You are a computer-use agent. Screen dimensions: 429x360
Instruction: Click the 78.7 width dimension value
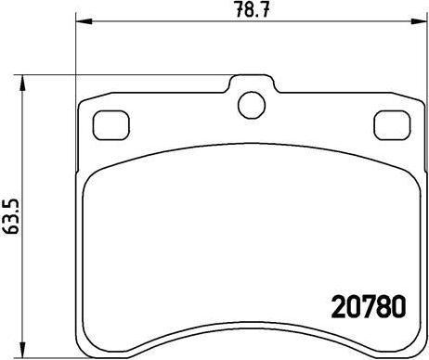click(253, 9)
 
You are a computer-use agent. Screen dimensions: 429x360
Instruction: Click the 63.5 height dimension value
click(11, 216)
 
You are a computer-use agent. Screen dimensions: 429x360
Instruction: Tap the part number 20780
click(369, 306)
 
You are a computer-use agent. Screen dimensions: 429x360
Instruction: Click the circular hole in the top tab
click(252, 105)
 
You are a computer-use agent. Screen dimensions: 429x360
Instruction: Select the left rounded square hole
click(111, 125)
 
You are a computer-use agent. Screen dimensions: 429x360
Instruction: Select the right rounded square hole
click(392, 125)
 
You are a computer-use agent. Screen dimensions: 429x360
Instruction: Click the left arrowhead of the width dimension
click(84, 21)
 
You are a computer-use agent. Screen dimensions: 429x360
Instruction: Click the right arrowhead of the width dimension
click(420, 21)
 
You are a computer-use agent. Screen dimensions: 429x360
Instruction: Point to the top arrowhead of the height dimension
click(21, 83)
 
